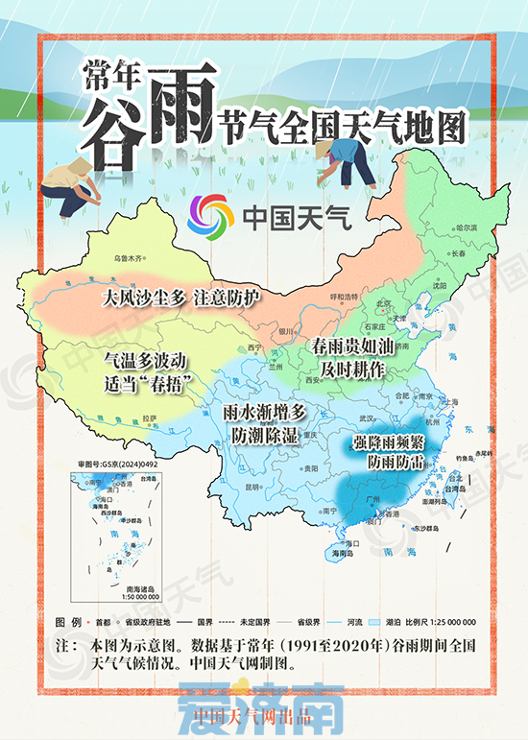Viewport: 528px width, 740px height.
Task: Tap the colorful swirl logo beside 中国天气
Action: click(x=211, y=218)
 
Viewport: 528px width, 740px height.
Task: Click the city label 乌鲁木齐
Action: click(x=128, y=259)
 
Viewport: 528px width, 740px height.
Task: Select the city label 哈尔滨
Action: click(x=467, y=227)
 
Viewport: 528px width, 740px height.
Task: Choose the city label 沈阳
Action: click(x=440, y=285)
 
